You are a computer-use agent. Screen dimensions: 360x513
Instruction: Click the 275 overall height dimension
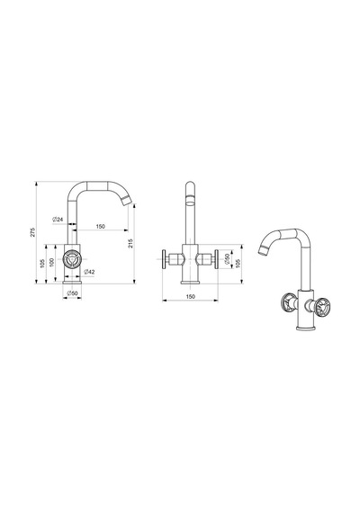[x=32, y=232]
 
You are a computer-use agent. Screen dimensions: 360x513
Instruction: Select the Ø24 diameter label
[x=58, y=220]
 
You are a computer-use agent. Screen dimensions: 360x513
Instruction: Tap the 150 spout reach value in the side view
[x=101, y=226]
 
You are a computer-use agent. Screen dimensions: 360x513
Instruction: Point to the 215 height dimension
[x=130, y=243]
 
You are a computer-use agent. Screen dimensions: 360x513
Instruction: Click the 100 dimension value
[x=51, y=263]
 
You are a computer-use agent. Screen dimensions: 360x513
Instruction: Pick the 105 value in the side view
[x=42, y=264]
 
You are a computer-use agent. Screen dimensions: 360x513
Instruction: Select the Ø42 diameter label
[x=89, y=272]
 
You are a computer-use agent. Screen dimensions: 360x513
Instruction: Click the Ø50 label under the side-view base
[x=72, y=293]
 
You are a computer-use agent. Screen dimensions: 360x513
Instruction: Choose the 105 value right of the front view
[x=238, y=264]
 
